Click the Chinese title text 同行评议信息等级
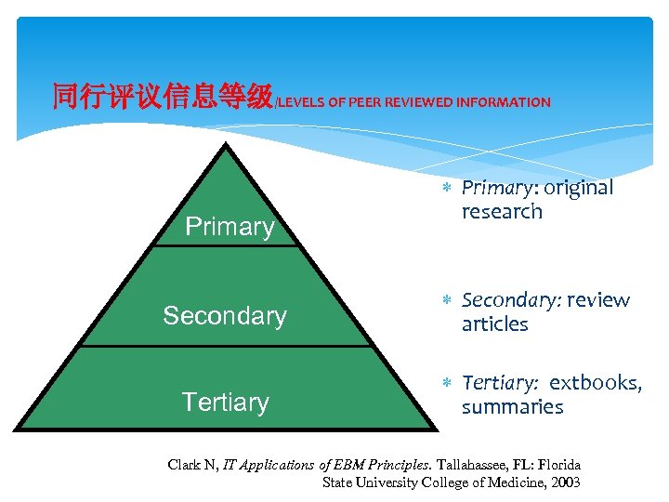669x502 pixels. [162, 97]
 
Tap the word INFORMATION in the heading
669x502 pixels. [503, 102]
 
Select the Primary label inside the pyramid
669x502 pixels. [230, 227]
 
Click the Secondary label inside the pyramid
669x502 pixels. [225, 316]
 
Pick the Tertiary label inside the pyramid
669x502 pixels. [225, 403]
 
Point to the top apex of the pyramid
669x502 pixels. [227, 145]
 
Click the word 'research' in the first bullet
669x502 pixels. [502, 212]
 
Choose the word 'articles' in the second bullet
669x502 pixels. [494, 324]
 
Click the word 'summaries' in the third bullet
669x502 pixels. [512, 407]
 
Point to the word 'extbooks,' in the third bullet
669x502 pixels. [596, 383]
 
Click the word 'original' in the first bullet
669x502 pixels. [578, 188]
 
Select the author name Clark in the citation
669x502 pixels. [183, 464]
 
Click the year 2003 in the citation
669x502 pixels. [564, 482]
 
